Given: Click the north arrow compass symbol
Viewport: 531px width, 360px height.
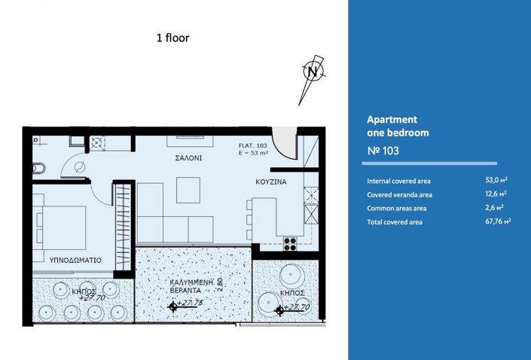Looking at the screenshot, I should pos(312,73).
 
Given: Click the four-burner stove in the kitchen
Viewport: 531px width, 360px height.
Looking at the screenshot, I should pos(290,242).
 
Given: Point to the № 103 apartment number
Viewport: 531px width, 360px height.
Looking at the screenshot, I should pos(382,151).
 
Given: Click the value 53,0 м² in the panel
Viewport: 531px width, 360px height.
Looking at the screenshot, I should pos(496,181).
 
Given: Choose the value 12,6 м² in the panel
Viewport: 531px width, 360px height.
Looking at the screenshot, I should pos(496,194).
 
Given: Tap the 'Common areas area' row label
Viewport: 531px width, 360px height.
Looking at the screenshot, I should pos(397,208).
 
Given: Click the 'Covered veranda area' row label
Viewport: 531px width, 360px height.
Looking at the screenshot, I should pos(399,194).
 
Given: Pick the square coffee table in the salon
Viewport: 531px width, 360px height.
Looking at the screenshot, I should pos(188,190).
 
